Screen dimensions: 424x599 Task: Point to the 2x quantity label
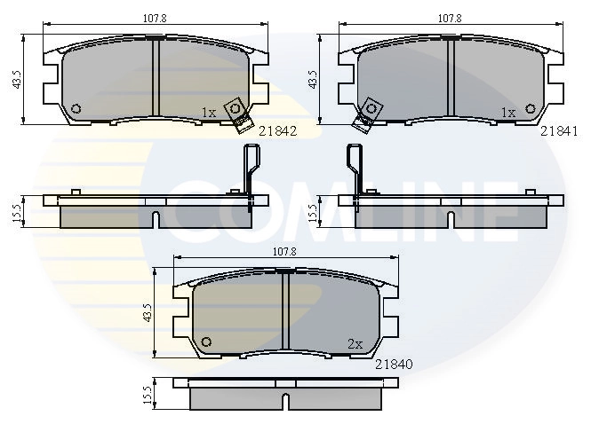click(x=355, y=343)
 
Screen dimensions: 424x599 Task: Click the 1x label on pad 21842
click(x=209, y=113)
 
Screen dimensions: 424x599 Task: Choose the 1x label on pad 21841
click(x=508, y=113)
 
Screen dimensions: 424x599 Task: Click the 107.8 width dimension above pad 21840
click(x=284, y=251)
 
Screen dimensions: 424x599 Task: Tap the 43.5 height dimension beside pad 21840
click(x=147, y=314)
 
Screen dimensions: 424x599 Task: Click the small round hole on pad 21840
click(x=207, y=342)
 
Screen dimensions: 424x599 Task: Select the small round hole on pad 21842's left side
click(x=76, y=109)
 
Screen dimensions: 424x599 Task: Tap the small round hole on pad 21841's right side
click(x=532, y=109)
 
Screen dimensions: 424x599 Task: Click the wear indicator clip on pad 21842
click(x=236, y=112)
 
